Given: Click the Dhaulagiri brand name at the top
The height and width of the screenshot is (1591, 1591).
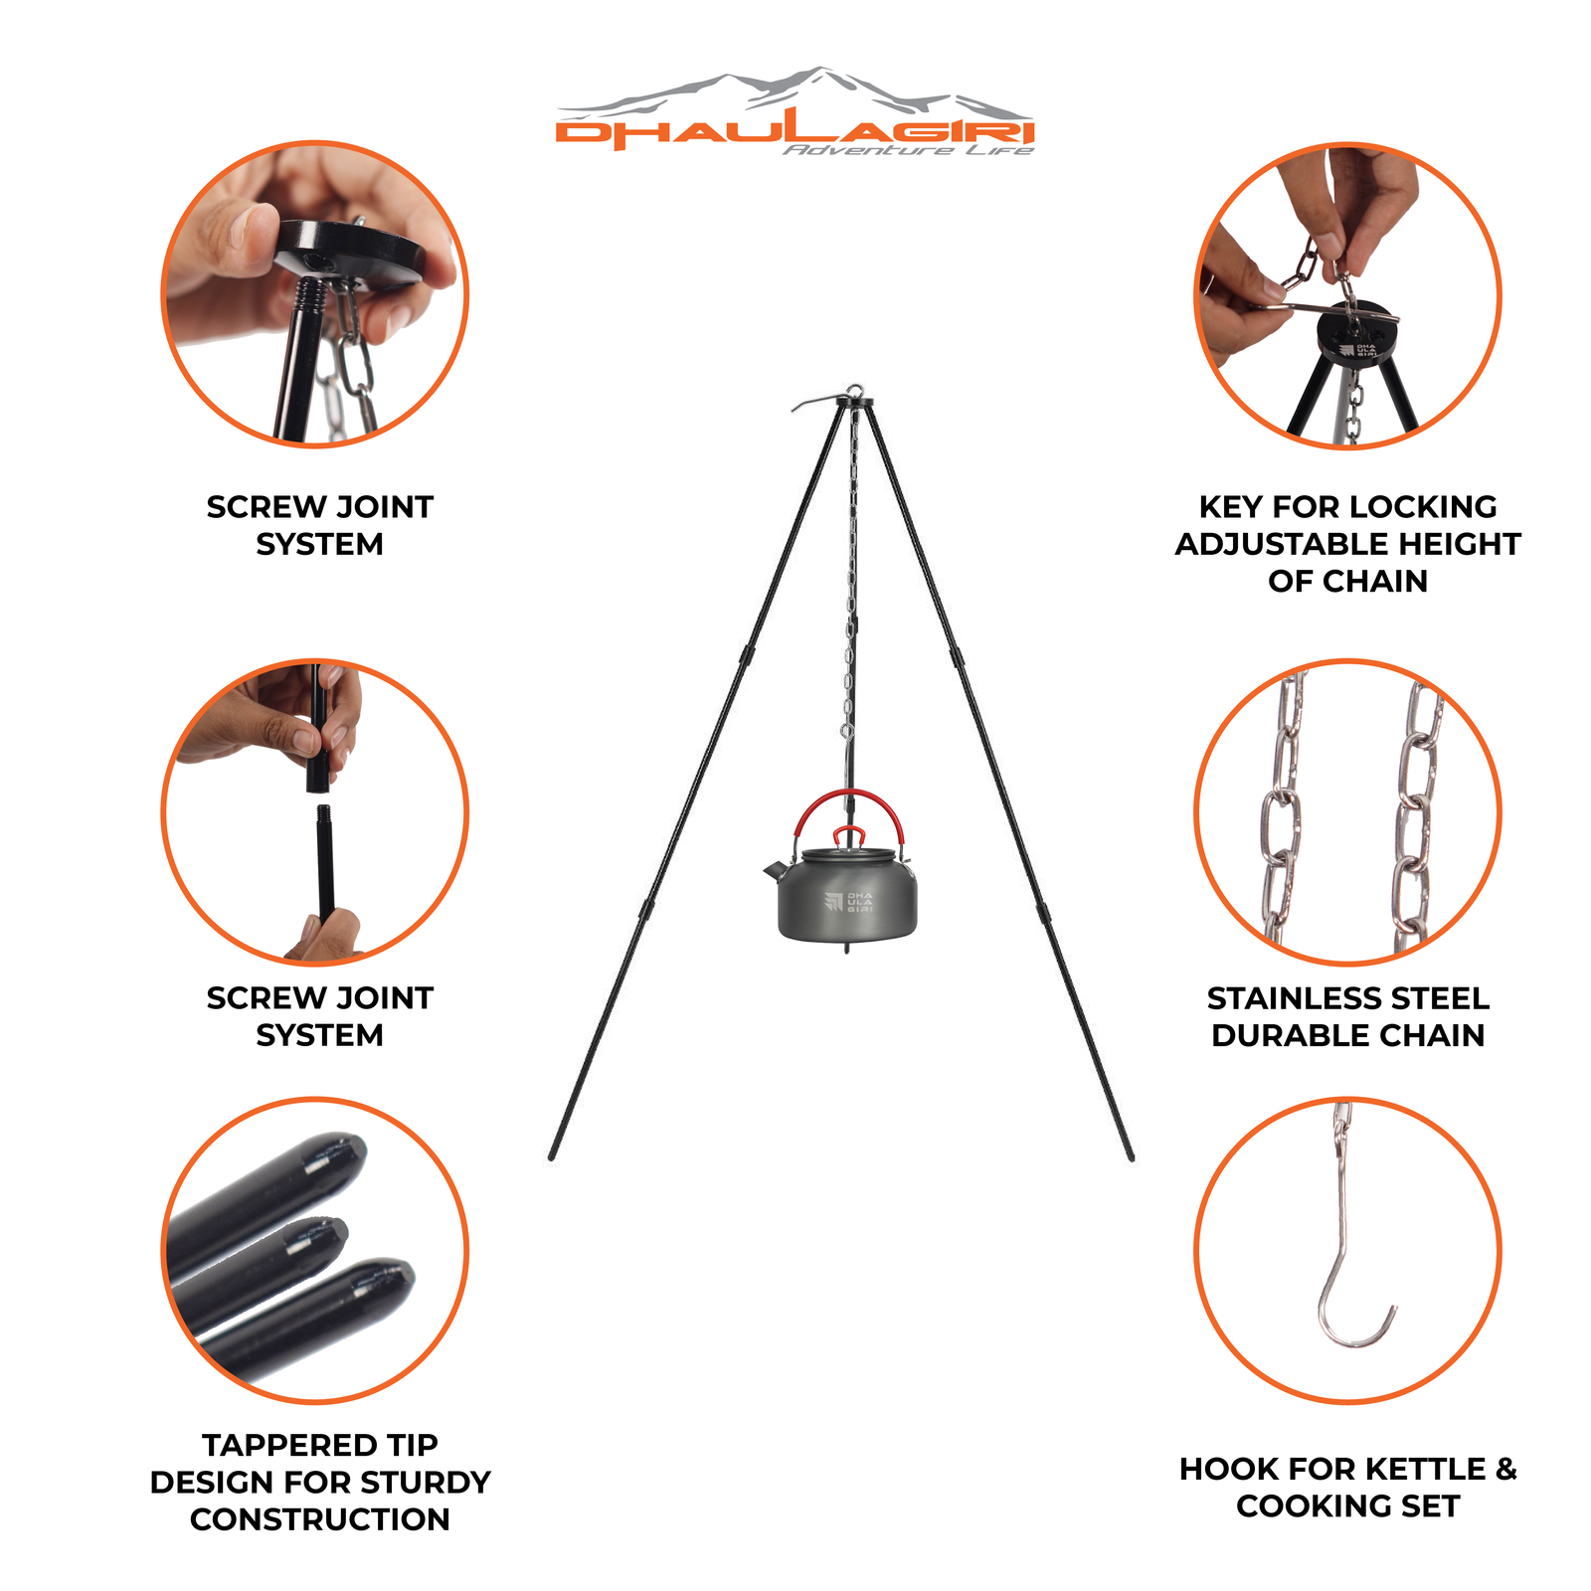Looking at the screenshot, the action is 795,132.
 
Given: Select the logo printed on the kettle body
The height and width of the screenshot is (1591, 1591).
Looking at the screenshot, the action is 848,902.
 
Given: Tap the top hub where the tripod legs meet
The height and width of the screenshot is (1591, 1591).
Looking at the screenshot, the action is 854,400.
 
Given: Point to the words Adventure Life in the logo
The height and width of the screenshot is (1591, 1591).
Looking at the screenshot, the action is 908,150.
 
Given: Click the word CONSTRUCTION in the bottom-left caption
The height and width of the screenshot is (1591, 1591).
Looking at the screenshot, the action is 320,1519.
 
